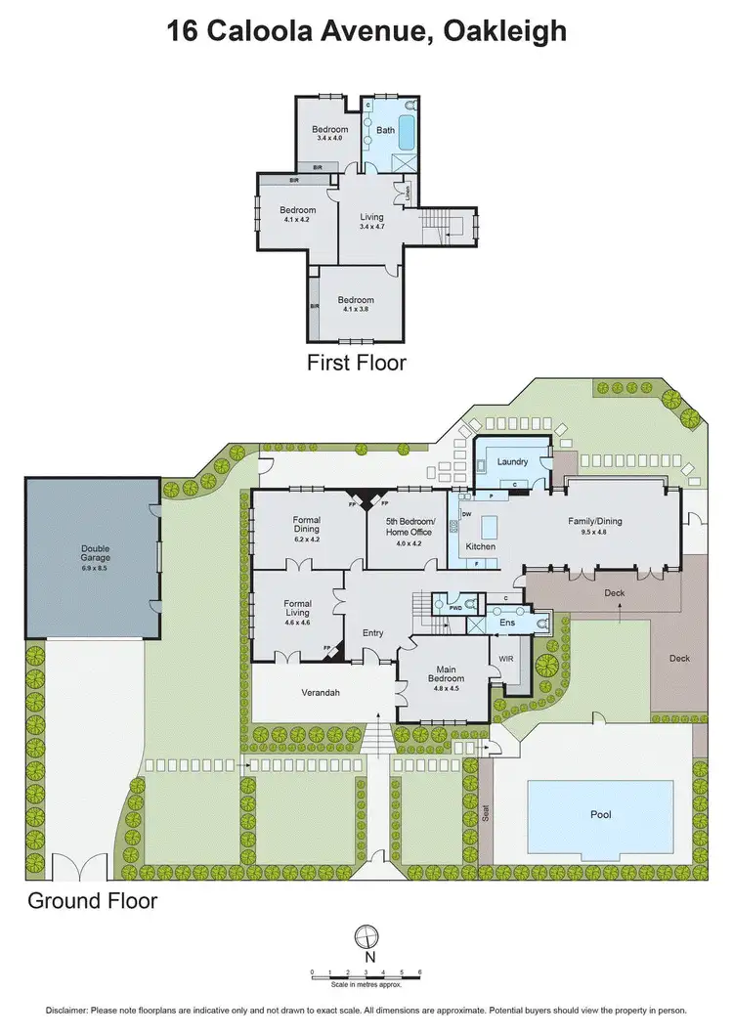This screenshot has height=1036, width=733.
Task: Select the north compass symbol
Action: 367,936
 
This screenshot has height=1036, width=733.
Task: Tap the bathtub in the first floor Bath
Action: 407,131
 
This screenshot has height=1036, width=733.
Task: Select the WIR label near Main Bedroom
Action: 506,660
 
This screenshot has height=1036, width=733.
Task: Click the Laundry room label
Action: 512,461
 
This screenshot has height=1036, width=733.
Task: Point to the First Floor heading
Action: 356,363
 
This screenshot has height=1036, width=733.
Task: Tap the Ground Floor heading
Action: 92,900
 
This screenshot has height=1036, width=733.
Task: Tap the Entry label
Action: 373,633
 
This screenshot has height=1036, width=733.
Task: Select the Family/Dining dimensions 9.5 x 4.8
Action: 594,533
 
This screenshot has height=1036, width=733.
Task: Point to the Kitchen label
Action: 480,546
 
